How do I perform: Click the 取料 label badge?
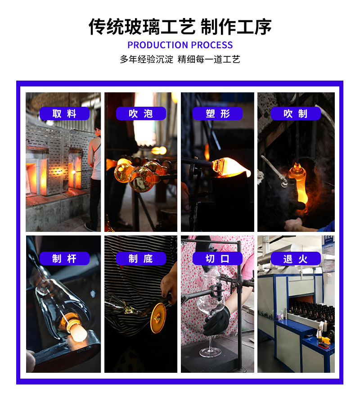[x=64, y=113]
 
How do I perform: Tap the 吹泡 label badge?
[x=141, y=113]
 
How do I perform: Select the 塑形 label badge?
[x=217, y=113]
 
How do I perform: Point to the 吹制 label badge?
[x=295, y=113]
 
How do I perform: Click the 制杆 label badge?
[x=64, y=258]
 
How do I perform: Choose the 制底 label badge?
[x=141, y=258]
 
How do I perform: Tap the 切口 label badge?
[x=217, y=258]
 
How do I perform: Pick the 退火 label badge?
[x=295, y=258]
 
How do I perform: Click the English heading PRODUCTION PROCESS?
[x=180, y=45]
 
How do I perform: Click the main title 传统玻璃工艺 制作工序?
[x=180, y=27]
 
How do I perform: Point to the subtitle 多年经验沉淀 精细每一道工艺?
[x=180, y=59]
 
